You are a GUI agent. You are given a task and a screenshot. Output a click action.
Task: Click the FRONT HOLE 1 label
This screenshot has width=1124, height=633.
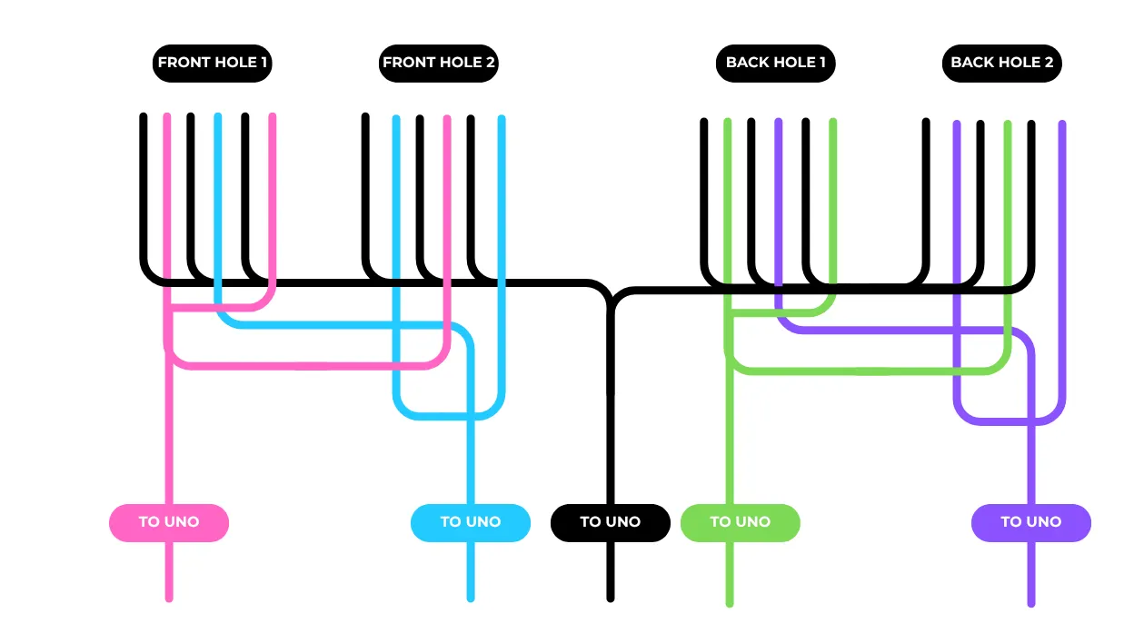(x=213, y=64)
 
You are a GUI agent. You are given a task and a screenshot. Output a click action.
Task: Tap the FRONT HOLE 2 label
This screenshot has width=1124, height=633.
(x=439, y=64)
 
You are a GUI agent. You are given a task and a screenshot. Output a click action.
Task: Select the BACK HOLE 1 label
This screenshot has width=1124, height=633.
(x=776, y=64)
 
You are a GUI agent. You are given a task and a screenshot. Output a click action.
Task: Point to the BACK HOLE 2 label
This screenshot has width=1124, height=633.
(x=1002, y=64)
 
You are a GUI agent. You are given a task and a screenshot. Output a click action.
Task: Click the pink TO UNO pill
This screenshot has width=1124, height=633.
(x=169, y=522)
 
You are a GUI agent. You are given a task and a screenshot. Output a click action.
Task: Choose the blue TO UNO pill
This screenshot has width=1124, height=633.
(x=471, y=522)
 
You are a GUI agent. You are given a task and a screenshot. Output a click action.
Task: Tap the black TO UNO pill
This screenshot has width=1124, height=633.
(x=611, y=522)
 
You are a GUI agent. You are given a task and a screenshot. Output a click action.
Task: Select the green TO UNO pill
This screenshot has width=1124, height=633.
(x=741, y=522)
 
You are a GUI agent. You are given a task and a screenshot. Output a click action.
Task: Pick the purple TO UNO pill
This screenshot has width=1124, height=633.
(x=1031, y=522)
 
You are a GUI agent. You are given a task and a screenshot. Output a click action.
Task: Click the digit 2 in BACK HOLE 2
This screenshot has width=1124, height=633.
(x=1049, y=62)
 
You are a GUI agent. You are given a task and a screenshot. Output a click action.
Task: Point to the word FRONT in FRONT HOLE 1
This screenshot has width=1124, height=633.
(x=182, y=62)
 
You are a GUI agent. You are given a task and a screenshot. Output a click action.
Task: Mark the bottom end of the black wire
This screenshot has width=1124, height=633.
(x=611, y=598)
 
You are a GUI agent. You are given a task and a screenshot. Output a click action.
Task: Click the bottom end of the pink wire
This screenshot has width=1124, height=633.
(x=169, y=598)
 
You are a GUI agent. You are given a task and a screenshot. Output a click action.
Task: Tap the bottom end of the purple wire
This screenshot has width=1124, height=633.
(x=1031, y=604)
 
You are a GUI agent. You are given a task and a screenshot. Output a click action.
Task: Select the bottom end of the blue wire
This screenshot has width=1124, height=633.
(x=471, y=598)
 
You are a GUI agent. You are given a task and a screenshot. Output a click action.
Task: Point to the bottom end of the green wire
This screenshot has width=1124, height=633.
(x=730, y=604)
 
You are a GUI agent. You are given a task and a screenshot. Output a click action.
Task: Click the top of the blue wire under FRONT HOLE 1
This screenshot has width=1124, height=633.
(x=218, y=116)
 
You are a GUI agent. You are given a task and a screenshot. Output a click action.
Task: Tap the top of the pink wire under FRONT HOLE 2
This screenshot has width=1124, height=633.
(x=447, y=118)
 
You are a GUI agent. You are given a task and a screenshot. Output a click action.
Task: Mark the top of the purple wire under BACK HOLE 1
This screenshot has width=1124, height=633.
(x=779, y=122)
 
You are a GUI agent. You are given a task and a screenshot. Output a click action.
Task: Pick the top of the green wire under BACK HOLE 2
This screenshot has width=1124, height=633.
(x=1007, y=124)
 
